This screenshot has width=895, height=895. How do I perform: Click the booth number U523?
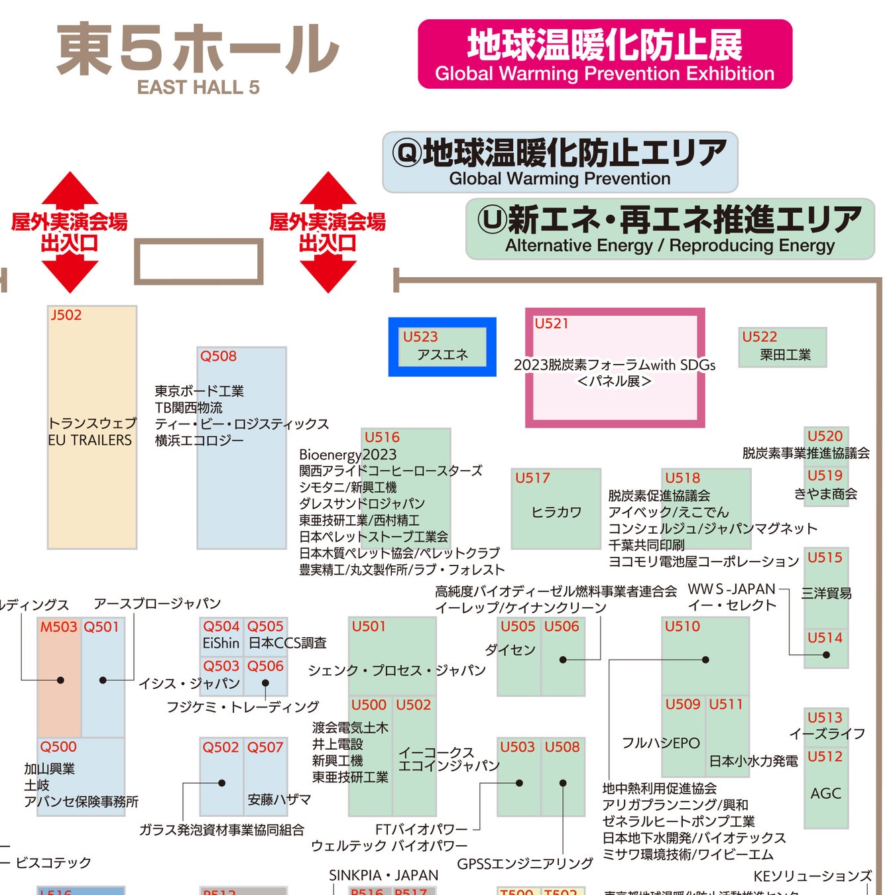click(x=420, y=337)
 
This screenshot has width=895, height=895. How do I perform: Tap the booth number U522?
click(x=759, y=337)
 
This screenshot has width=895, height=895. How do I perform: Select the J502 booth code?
click(x=66, y=315)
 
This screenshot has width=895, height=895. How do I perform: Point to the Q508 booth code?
click(x=218, y=356)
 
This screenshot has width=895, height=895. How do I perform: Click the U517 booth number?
click(x=532, y=478)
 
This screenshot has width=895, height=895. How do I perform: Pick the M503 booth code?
click(x=58, y=626)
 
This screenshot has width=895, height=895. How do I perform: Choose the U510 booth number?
click(x=682, y=626)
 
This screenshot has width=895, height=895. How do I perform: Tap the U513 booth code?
click(x=825, y=717)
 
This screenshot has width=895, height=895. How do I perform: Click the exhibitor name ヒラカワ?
click(x=556, y=512)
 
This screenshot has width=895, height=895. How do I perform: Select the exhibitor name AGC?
click(x=825, y=794)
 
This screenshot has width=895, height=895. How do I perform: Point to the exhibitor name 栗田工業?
click(x=786, y=355)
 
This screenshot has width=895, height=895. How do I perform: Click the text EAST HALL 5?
click(x=198, y=88)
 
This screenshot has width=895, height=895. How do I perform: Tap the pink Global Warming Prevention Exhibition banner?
click(x=605, y=54)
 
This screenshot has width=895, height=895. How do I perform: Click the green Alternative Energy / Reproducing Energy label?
click(x=670, y=229)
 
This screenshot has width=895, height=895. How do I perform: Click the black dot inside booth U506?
click(x=563, y=660)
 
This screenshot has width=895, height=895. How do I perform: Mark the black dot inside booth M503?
click(x=60, y=680)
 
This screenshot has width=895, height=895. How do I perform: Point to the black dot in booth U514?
click(x=826, y=655)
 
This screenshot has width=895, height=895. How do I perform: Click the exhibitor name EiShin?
click(x=221, y=643)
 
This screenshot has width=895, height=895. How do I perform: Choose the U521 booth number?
click(x=552, y=324)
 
